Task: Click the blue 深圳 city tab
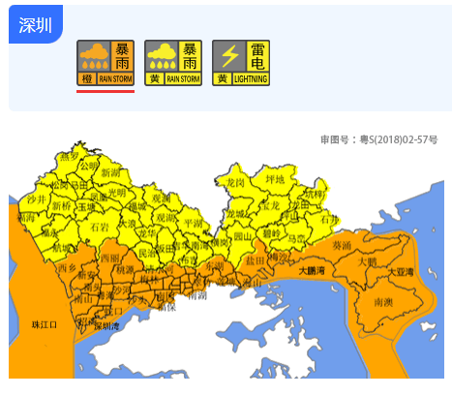pos(35,24)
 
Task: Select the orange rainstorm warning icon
pos(105,63)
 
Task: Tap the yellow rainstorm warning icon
pos(173,63)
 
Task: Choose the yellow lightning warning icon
pos(241,63)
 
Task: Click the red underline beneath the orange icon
pos(105,92)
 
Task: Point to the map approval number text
pos(384,139)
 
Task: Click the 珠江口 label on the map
pos(46,324)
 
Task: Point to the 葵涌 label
pos(342,245)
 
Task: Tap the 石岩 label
pos(100,227)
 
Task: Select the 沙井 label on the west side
pos(37,198)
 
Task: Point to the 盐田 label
pos(256,260)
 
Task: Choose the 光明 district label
pos(117,192)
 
